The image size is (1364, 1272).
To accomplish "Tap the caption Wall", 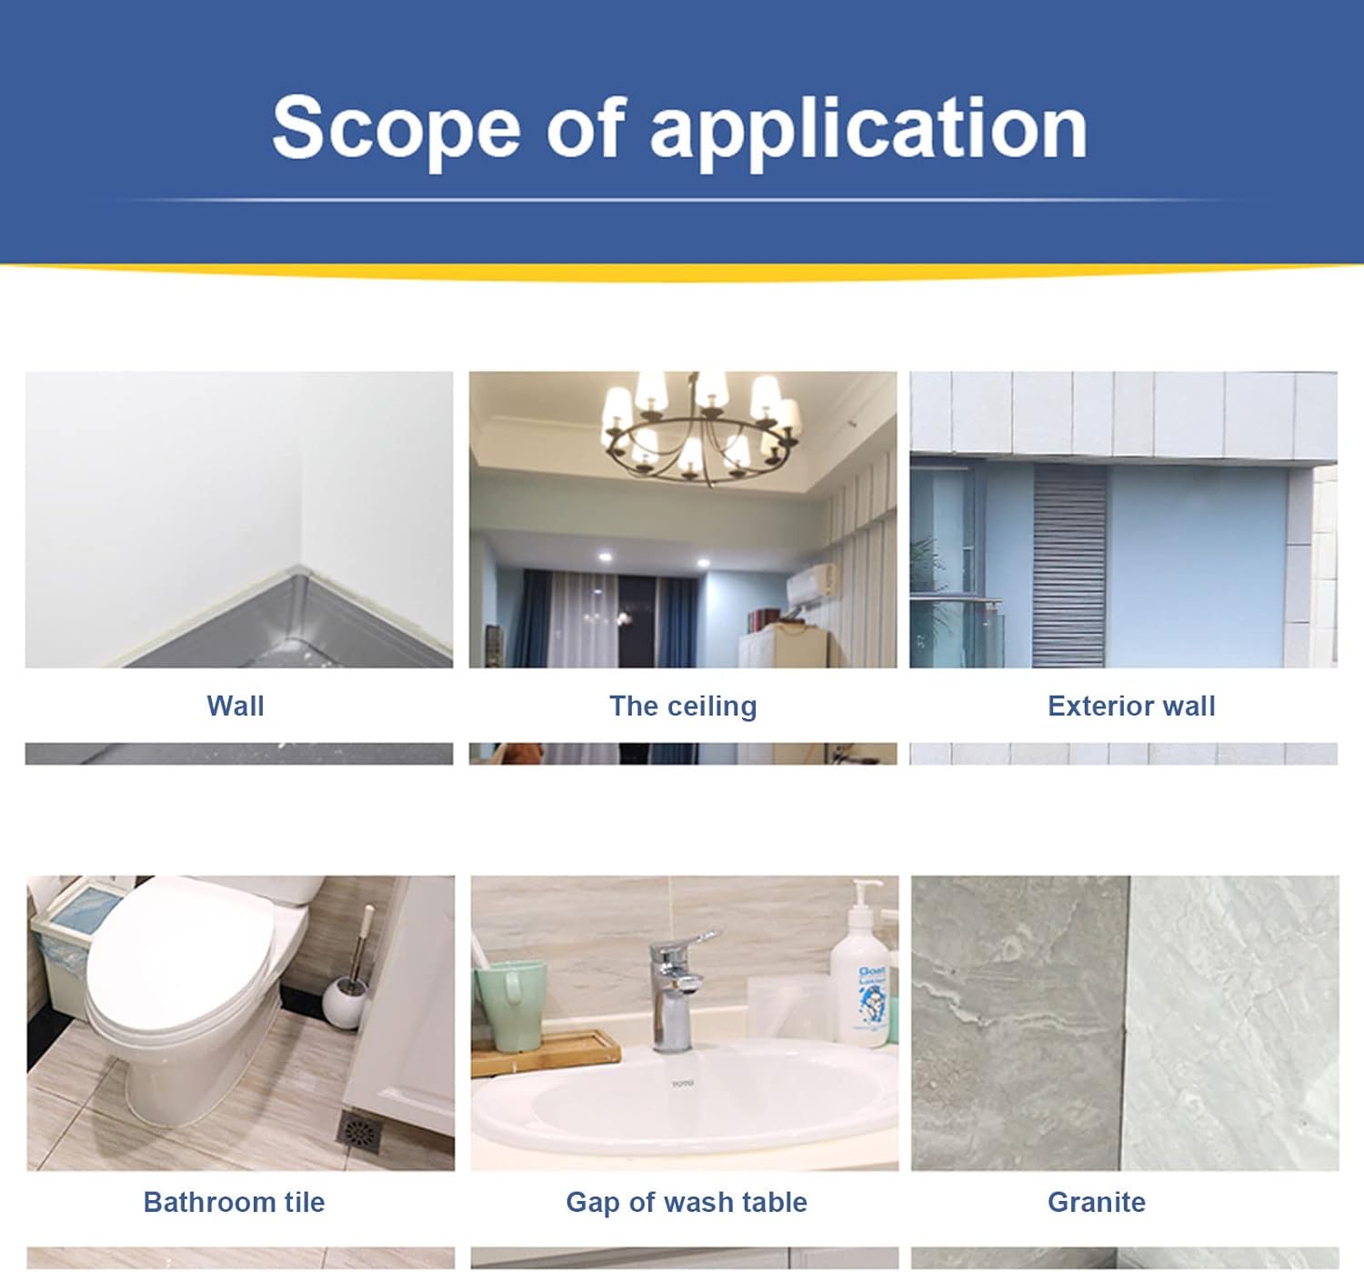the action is pos(236,706).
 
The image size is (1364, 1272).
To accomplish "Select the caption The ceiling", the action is pos(684,706).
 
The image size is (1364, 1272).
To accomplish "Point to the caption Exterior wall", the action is pos(1131,706).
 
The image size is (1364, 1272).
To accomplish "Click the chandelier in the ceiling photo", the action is pos(701,425).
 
